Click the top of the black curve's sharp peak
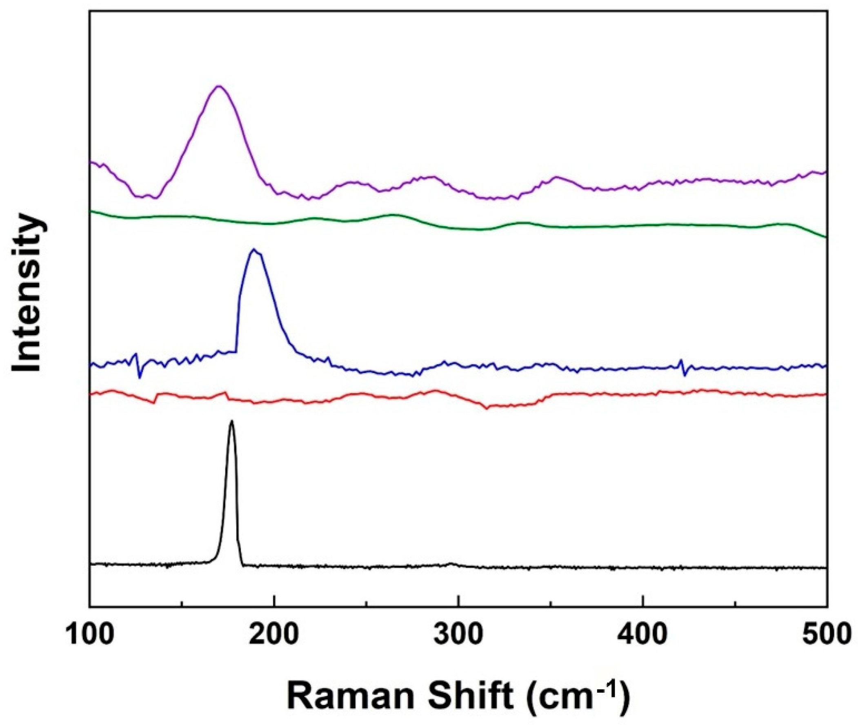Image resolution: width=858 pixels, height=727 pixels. pos(231,421)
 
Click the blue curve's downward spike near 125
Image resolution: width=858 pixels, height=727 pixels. pos(139,377)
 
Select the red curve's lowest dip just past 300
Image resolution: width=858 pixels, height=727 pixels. pos(487,409)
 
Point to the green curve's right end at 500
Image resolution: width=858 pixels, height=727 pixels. pos(826,237)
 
